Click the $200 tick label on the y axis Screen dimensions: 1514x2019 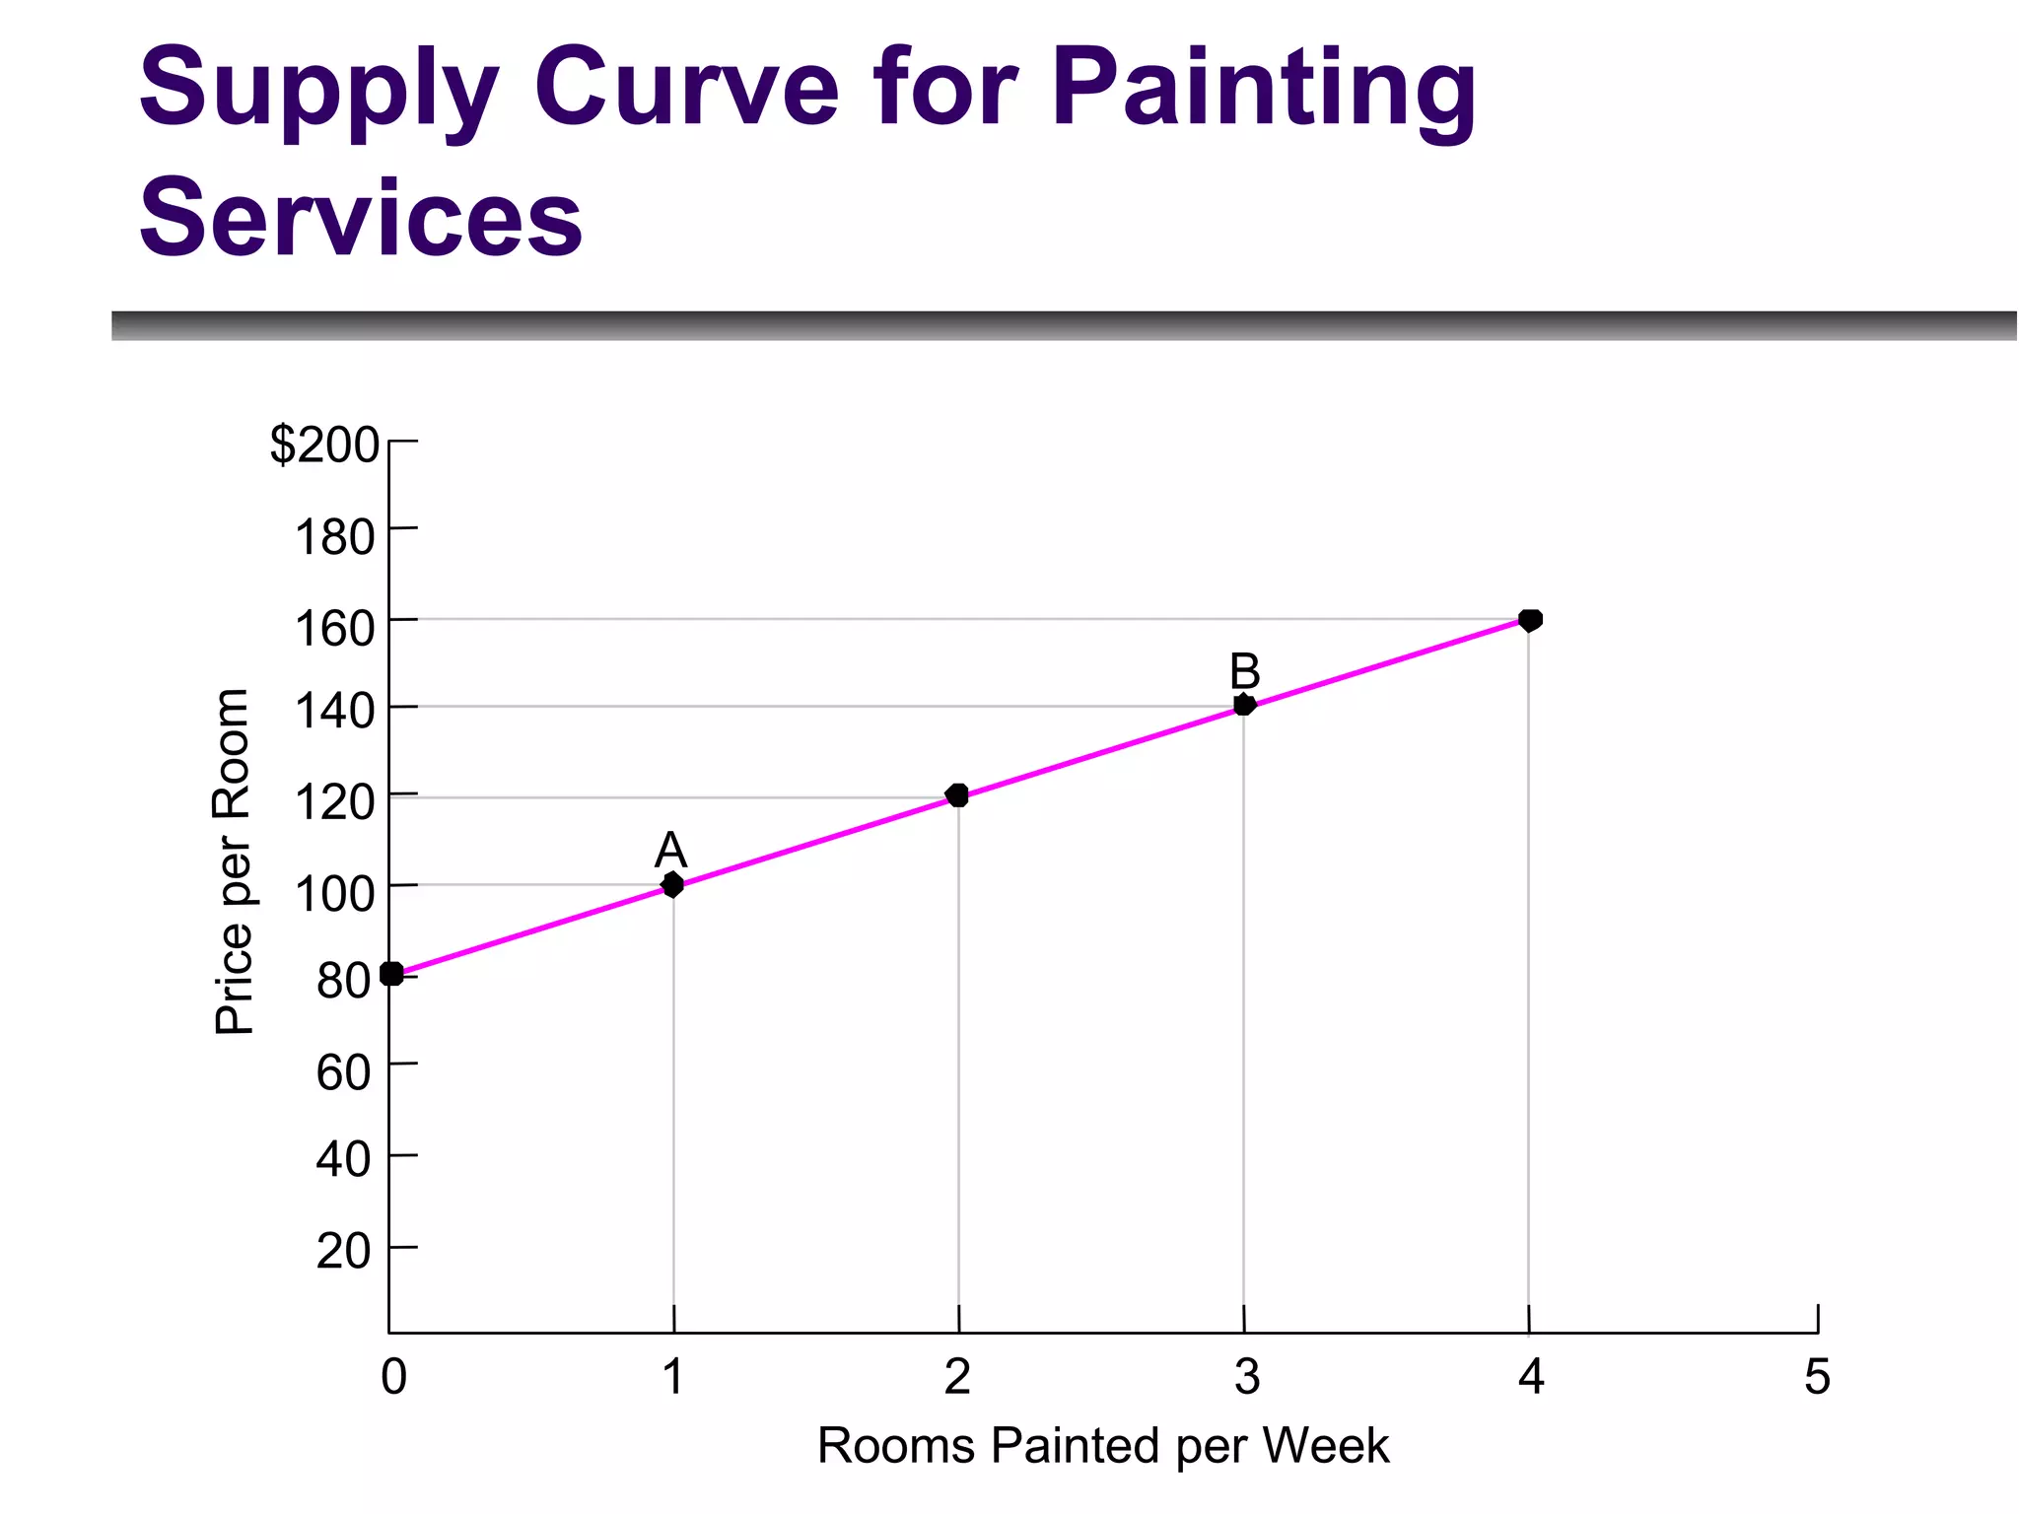(324, 445)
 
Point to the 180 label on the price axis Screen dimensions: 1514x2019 (335, 538)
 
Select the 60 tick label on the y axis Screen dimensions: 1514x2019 (343, 1072)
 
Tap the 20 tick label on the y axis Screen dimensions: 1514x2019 (343, 1252)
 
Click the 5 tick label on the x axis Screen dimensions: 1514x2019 (1817, 1377)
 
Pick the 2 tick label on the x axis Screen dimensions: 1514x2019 (957, 1377)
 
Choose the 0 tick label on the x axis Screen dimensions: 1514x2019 (393, 1377)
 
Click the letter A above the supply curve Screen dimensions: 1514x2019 (670, 850)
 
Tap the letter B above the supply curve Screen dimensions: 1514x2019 (1245, 672)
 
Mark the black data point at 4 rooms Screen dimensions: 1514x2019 (1530, 620)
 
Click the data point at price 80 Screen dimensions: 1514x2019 (391, 974)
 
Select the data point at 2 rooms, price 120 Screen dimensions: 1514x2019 (956, 795)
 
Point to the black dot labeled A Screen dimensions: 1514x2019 (672, 884)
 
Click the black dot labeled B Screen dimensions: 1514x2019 (1244, 705)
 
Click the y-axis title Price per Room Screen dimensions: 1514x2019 (234, 861)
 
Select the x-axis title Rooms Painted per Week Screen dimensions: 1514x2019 (1102, 1446)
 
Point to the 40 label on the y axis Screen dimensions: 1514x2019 (343, 1160)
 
